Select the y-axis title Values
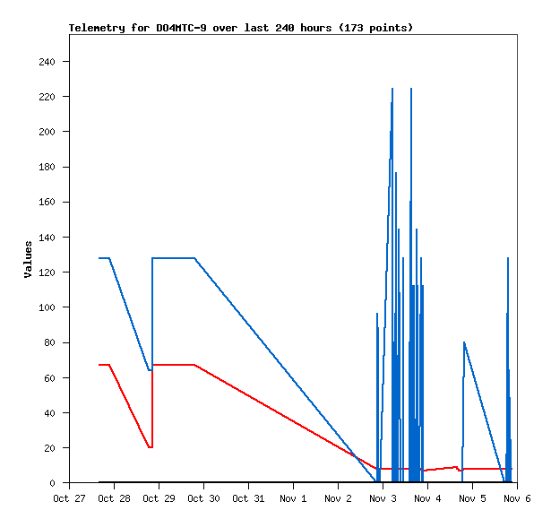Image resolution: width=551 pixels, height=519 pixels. click(x=28, y=258)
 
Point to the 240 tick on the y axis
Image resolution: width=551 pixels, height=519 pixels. click(x=47, y=62)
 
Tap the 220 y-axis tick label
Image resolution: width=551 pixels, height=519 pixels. click(x=47, y=97)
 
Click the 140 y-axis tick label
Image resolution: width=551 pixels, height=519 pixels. click(x=47, y=238)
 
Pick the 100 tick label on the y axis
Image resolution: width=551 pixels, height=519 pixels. click(x=47, y=307)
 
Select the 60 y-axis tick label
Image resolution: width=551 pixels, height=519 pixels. click(x=49, y=378)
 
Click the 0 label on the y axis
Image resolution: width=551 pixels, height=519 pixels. click(x=53, y=483)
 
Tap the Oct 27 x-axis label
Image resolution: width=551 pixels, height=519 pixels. click(x=69, y=498)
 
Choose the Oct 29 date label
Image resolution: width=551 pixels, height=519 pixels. click(x=159, y=498)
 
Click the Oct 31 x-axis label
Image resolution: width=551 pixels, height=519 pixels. click(x=248, y=498)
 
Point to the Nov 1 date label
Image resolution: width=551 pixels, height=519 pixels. click(x=293, y=498)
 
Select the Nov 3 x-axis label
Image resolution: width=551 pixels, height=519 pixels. click(x=383, y=498)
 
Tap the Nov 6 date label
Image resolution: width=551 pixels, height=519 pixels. click(x=517, y=498)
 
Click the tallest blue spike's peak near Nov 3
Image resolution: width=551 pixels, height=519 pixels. click(x=392, y=89)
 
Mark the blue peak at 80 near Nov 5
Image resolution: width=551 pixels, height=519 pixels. click(x=464, y=342)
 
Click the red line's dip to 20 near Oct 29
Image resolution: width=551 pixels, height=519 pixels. click(x=151, y=447)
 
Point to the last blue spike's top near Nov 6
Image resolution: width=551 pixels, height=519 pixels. click(x=508, y=258)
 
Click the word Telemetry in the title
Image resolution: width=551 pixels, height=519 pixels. click(x=95, y=28)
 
